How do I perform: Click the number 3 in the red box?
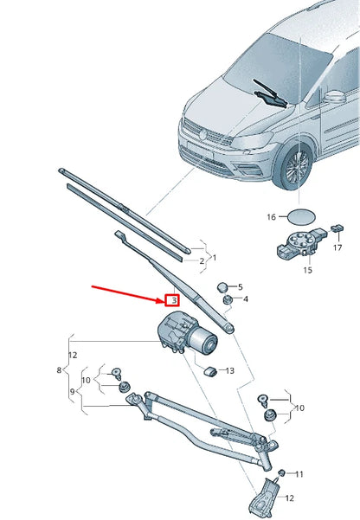tap(173, 300)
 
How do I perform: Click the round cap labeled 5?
tap(222, 286)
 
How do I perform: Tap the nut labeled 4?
tap(228, 300)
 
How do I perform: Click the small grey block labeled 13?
tap(209, 370)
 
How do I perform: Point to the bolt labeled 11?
tap(281, 474)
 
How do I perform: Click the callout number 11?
tap(299, 474)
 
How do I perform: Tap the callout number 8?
tap(60, 370)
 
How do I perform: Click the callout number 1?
tap(214, 257)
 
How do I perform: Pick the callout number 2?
tap(201, 260)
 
